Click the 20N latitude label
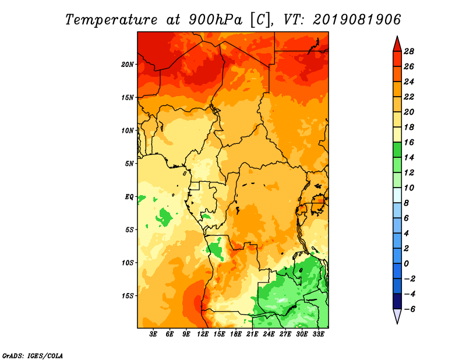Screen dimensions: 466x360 tap(128, 65)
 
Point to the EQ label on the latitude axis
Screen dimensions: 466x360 tap(129, 197)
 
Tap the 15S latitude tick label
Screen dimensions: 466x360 tap(128, 296)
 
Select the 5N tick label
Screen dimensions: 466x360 tap(129, 164)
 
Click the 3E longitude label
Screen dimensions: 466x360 tap(153, 334)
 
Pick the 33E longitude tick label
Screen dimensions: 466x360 tap(318, 334)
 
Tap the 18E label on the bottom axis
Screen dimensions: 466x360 tap(236, 334)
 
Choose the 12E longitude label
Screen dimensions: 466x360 tap(203, 334)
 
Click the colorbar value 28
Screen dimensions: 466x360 tap(409, 51)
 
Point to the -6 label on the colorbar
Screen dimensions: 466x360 tap(409, 309)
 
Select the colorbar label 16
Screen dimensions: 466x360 tap(409, 142)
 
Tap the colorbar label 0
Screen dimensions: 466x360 tap(406, 264)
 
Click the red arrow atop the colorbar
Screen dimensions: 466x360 tap(397, 45)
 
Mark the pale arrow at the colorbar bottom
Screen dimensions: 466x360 tap(397, 315)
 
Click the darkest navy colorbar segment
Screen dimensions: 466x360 tap(397, 301)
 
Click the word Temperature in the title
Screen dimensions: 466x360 tap(111, 20)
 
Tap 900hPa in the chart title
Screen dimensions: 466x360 tap(216, 20)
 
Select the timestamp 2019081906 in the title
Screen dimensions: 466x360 tap(357, 20)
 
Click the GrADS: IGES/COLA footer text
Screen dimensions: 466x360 tap(33, 356)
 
